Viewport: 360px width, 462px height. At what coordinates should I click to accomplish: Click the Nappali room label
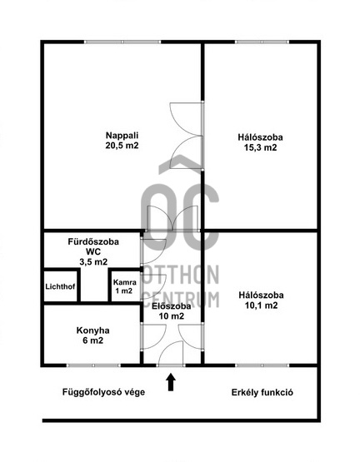coord(122,136)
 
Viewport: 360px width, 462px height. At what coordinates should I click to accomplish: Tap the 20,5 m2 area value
coord(122,146)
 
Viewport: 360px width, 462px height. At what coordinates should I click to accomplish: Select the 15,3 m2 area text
coord(260,147)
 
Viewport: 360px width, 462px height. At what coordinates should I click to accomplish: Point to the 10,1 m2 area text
coord(261,306)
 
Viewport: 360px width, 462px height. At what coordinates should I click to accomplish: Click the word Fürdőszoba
coord(93,241)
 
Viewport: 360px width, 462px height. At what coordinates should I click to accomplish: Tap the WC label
coord(93,251)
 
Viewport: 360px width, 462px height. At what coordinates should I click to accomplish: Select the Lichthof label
coord(60,286)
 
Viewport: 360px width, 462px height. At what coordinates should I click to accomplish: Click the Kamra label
coord(125,282)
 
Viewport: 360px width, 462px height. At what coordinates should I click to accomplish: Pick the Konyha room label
coord(93,330)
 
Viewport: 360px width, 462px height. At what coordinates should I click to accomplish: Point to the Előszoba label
coord(171,306)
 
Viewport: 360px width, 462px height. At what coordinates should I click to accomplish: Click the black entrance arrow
coord(171,382)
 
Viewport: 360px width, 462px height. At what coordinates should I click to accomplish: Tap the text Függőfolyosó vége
coord(103,392)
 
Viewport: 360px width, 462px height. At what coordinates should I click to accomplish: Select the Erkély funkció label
coord(262,392)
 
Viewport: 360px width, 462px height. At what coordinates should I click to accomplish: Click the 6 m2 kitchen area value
coord(93,340)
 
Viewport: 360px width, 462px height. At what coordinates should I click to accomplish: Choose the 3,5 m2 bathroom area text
coord(93,261)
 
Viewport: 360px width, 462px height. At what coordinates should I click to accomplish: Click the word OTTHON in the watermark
coord(181,275)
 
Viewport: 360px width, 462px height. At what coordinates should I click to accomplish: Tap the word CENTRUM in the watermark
coord(181,299)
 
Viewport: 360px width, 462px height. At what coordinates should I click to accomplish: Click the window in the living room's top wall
coord(122,42)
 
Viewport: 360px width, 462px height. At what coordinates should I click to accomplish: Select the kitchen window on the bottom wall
coord(93,365)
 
